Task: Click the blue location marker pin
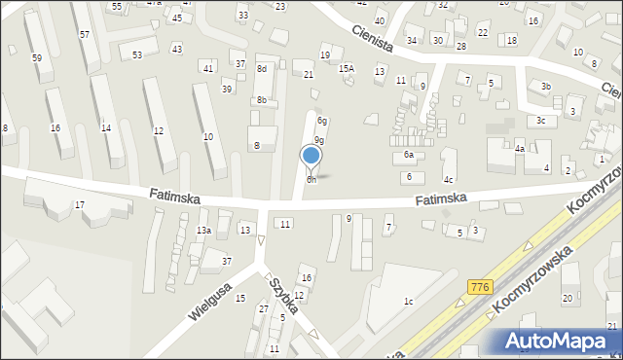tap(311, 156)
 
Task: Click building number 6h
tap(311, 179)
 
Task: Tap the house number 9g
tap(318, 141)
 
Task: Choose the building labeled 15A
tap(346, 69)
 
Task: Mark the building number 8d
tap(261, 69)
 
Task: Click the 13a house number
tap(202, 230)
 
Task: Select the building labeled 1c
tap(409, 302)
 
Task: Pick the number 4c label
tap(449, 180)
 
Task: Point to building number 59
tap(36, 58)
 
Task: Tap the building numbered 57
tap(85, 34)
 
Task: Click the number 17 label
tap(80, 204)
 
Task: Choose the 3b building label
tap(546, 87)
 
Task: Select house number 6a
tap(409, 156)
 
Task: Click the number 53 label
tap(137, 54)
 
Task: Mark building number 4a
tap(520, 149)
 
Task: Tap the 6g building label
tap(321, 121)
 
